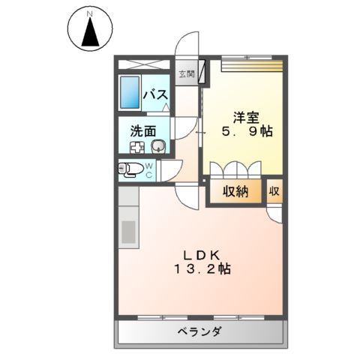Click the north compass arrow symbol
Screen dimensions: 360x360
point(90,31)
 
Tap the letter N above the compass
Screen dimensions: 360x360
point(90,13)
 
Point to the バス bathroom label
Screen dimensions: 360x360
point(154,95)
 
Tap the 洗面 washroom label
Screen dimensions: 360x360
point(143,130)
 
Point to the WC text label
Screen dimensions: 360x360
point(148,171)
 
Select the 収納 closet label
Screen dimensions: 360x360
point(235,191)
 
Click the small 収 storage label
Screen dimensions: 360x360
point(274,190)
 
